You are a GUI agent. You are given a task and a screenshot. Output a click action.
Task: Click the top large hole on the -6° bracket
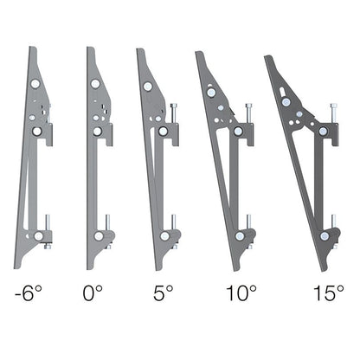35,84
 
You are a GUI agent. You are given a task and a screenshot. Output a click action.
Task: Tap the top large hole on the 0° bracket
94,84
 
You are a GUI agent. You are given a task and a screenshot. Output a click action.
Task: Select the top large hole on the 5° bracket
149,86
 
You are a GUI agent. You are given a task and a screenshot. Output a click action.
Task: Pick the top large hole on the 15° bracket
283,98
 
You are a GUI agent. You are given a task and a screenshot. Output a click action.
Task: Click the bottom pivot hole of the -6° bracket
38,235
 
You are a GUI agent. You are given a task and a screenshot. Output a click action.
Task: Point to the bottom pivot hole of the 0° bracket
99,235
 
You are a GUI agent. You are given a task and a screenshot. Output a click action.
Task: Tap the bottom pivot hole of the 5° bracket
161,235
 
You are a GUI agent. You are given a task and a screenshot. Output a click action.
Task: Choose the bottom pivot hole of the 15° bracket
324,235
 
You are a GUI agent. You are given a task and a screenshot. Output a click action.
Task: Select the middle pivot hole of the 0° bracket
97,131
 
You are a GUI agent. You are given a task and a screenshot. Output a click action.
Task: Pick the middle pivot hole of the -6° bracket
36,131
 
